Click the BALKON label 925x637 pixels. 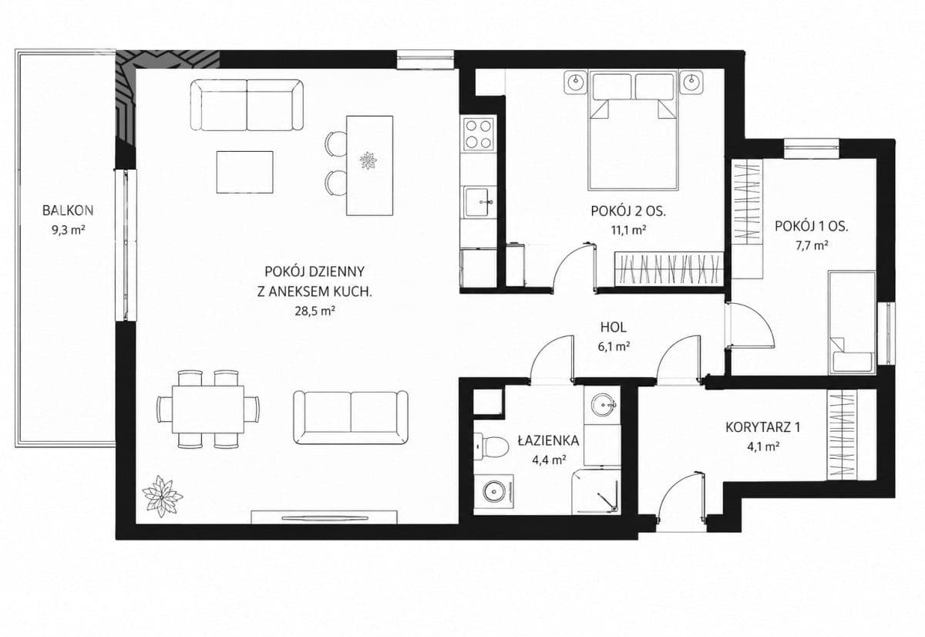coord(68,211)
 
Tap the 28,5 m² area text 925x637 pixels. coord(314,311)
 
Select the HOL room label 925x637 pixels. coord(614,328)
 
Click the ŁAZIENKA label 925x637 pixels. coord(549,440)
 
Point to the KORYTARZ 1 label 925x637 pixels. coord(762,427)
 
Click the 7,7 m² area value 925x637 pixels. coord(812,245)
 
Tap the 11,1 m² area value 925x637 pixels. coord(628,230)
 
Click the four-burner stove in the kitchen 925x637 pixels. coord(479,134)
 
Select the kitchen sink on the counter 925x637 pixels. coord(479,202)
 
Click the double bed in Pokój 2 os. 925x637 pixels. coord(634,130)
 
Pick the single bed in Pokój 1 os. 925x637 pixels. coord(852,322)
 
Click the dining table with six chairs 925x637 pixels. coord(208,409)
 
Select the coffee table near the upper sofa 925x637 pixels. coord(245,172)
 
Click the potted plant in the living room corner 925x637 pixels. coord(163,496)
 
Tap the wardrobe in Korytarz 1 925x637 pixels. coord(842,435)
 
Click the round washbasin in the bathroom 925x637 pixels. coord(604,404)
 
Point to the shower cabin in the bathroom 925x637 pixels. coord(596,491)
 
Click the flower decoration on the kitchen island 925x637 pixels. coord(368,160)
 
